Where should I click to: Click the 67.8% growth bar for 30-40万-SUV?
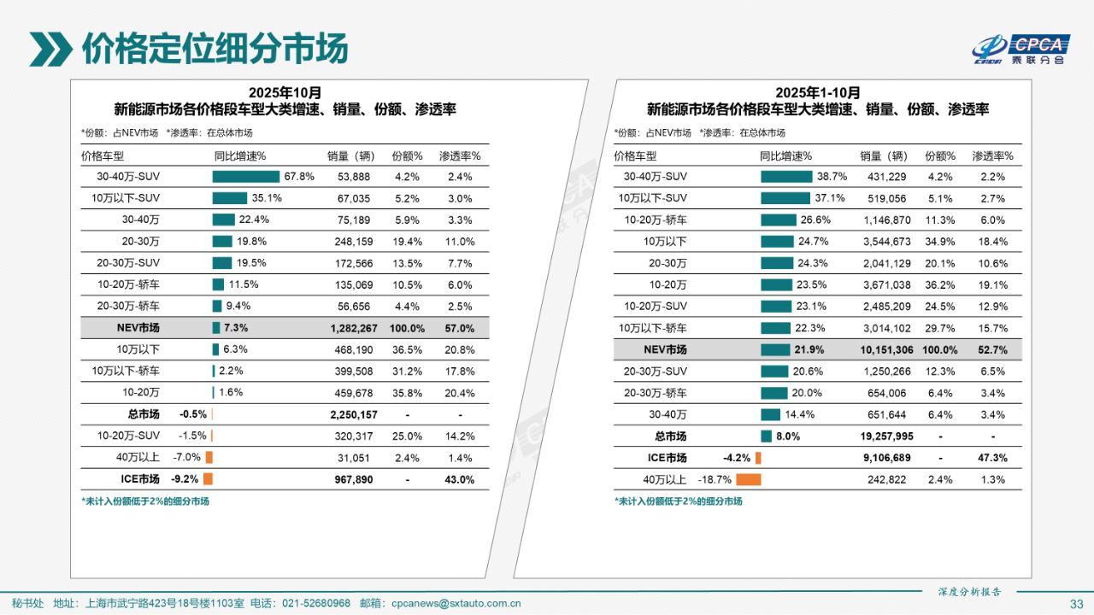pyautogui.click(x=246, y=177)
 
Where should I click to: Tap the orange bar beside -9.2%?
pyautogui.click(x=208, y=479)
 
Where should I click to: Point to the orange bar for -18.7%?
pyautogui.click(x=748, y=479)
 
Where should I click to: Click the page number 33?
pyautogui.click(x=1076, y=604)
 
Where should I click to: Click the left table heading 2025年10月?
pyautogui.click(x=285, y=92)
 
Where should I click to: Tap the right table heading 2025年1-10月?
pyautogui.click(x=818, y=92)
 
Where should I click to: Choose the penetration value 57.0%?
pyautogui.click(x=459, y=328)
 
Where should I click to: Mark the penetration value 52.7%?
pyautogui.click(x=992, y=349)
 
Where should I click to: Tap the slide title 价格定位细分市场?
pyautogui.click(x=215, y=49)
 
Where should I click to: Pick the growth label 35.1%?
pyautogui.click(x=267, y=198)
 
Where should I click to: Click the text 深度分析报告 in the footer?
pyautogui.click(x=969, y=591)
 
